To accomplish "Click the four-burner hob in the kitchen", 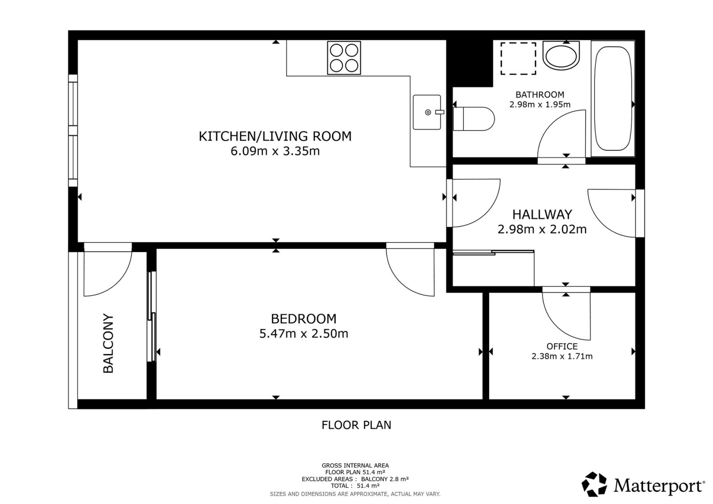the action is coord(344,58).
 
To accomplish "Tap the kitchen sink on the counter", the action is coord(427,112).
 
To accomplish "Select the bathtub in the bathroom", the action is coord(613,99).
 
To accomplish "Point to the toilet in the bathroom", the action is coord(474,119).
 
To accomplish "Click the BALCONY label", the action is coord(108,343).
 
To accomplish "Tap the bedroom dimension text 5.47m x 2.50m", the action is coord(304,334).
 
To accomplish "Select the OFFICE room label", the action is coord(562,346).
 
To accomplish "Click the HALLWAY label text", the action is coord(542,215).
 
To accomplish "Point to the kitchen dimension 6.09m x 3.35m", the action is coord(275,151).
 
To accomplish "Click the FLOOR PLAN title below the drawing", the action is coord(356,425).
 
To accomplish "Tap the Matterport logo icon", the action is coord(594,484).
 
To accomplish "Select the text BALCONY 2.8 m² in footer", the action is coord(385,479).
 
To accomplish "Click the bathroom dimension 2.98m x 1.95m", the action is coord(540,104).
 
